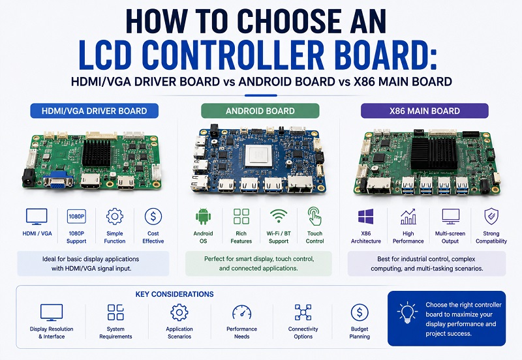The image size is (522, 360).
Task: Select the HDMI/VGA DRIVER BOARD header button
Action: (x=94, y=111)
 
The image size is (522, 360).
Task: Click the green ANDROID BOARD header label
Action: (x=260, y=111)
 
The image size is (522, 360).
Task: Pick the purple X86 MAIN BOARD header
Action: (x=425, y=111)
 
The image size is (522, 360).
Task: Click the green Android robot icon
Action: (x=203, y=217)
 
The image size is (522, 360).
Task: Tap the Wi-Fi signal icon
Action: (x=279, y=216)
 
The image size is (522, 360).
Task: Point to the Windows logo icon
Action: (x=365, y=217)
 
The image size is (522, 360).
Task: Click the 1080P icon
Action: (x=76, y=217)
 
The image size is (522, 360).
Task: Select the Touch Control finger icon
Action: (x=315, y=217)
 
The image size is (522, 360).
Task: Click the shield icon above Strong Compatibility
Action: (x=491, y=217)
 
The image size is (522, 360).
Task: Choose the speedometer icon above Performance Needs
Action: (x=241, y=312)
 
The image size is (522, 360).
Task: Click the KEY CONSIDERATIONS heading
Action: (x=174, y=294)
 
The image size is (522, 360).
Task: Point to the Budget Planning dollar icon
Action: (x=360, y=312)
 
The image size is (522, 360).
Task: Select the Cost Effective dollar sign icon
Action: (x=153, y=217)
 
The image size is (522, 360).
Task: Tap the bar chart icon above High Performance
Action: (x=408, y=217)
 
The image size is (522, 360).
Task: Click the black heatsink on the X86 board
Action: (x=434, y=153)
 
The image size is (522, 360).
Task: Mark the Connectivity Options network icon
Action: (x=303, y=312)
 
